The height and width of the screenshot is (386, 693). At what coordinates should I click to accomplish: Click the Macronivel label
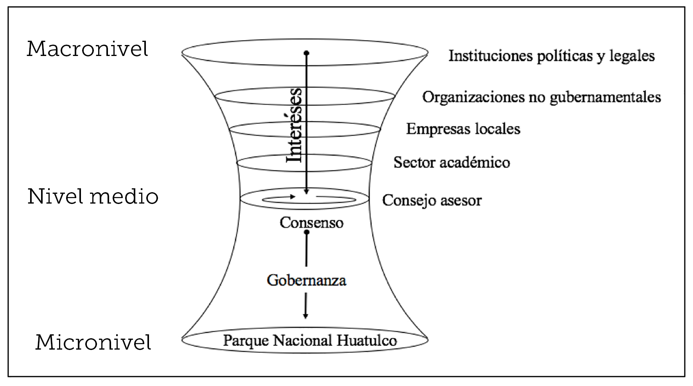pyautogui.click(x=87, y=49)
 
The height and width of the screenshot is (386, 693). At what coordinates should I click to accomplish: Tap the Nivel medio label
pyautogui.click(x=93, y=197)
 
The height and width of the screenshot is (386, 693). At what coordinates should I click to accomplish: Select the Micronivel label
pyautogui.click(x=93, y=343)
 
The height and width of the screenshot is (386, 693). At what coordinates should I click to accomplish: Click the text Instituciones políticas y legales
pyautogui.click(x=551, y=56)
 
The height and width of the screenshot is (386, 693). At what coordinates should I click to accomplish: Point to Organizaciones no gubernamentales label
pyautogui.click(x=541, y=97)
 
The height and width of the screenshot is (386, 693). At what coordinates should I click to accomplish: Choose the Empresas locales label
pyautogui.click(x=463, y=129)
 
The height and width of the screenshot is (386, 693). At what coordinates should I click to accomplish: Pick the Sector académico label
pyautogui.click(x=452, y=162)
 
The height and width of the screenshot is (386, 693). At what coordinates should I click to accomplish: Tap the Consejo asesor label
pyautogui.click(x=432, y=200)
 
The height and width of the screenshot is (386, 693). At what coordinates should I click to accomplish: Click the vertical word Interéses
pyautogui.click(x=294, y=125)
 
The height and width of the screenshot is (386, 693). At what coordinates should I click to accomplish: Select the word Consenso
pyautogui.click(x=311, y=223)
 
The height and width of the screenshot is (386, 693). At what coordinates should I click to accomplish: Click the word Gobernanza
pyautogui.click(x=306, y=280)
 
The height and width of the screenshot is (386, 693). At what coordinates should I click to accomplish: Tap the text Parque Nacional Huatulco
pyautogui.click(x=310, y=340)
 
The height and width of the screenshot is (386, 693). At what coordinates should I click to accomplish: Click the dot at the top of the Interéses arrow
pyautogui.click(x=307, y=52)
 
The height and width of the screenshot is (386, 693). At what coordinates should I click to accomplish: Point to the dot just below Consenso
pyautogui.click(x=307, y=232)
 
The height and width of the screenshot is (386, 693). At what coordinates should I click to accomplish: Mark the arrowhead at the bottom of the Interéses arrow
pyautogui.click(x=307, y=191)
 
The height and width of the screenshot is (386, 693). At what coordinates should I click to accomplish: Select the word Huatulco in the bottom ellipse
pyautogui.click(x=366, y=340)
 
